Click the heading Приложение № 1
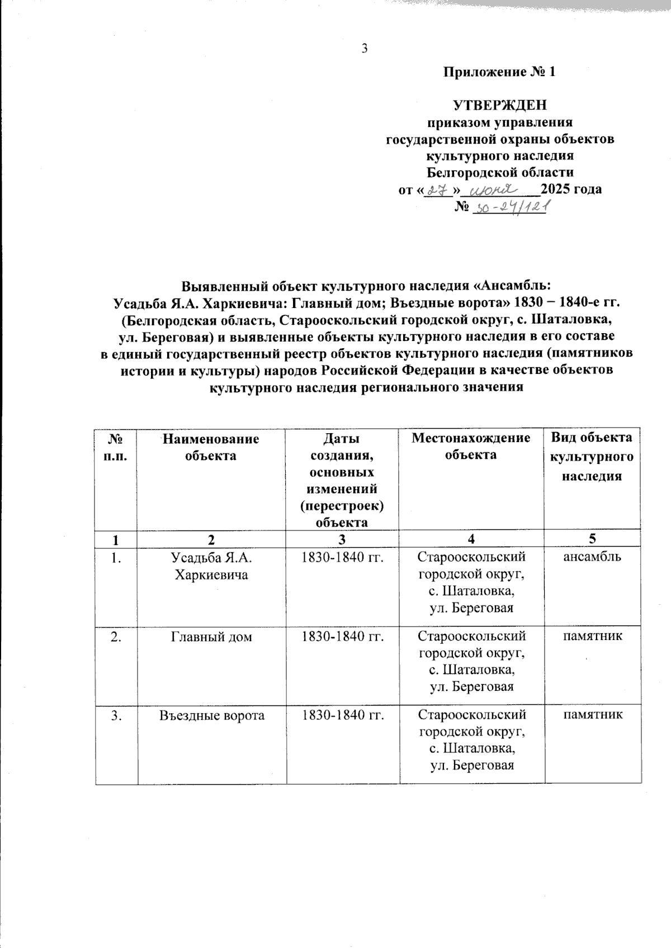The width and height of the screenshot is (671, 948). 500,72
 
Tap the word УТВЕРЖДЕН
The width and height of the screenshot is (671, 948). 500,106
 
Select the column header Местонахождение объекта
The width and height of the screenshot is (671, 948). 471,446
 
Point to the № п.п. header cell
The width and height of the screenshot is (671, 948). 116,447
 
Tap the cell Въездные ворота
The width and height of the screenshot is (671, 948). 211,715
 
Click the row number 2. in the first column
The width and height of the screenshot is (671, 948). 116,636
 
